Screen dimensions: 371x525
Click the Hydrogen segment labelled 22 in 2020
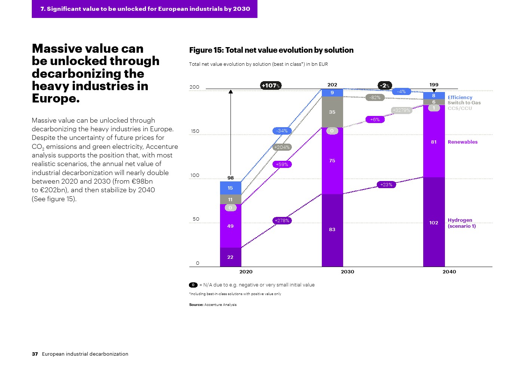[231, 257]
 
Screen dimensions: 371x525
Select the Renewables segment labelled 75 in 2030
[332, 161]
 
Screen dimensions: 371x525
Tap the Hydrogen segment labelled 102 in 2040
[434, 223]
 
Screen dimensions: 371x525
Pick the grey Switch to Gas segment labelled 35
[332, 112]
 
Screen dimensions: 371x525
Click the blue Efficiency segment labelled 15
[231, 188]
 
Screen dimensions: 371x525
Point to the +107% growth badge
[271, 86]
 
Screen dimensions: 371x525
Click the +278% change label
[282, 221]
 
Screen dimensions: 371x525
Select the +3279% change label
[402, 110]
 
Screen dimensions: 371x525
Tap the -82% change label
[375, 98]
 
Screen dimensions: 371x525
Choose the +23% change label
[386, 184]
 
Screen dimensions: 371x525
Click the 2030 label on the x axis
[347, 272]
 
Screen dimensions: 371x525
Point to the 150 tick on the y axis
[195, 131]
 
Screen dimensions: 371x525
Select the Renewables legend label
[463, 142]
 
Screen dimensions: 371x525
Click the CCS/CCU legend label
[460, 108]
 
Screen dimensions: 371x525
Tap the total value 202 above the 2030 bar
[332, 85]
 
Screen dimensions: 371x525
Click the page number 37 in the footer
[35, 354]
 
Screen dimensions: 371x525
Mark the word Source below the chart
[196, 305]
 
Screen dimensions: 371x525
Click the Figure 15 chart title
[271, 50]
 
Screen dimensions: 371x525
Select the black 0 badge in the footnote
[193, 285]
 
